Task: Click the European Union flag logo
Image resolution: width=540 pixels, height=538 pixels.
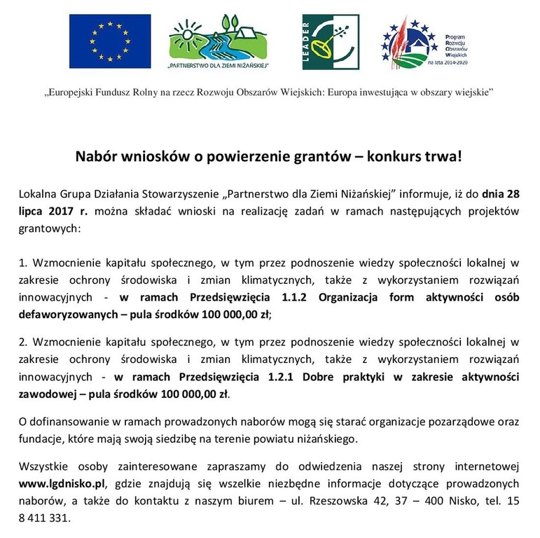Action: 110,41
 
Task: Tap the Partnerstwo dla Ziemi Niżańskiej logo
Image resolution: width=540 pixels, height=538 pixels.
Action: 219,42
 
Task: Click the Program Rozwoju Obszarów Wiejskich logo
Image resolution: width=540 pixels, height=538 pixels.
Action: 427,41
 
